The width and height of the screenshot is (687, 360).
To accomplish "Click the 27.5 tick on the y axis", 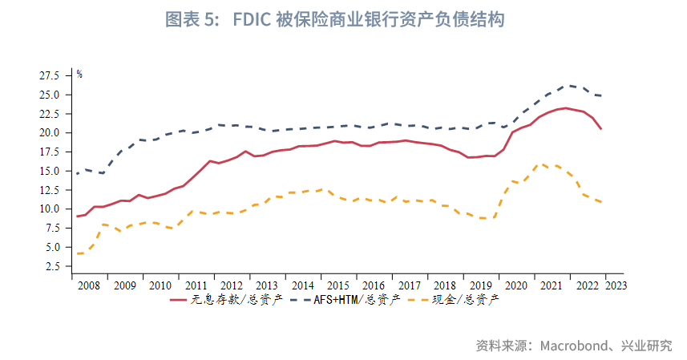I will [50, 75].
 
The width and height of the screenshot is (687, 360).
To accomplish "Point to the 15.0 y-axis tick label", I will [50, 171].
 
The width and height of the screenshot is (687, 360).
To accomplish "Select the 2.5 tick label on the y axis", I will [52, 266].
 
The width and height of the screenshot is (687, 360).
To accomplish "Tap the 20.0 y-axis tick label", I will [50, 132].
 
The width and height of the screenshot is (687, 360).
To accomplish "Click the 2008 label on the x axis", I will [88, 285].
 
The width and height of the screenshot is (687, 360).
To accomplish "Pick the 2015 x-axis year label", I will [338, 285].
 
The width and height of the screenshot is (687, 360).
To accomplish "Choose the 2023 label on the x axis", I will [616, 285].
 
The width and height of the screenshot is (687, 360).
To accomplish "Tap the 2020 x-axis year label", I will [517, 285].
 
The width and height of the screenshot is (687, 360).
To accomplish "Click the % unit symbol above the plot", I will [79, 74].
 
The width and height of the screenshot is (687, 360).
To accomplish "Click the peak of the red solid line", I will [565, 107].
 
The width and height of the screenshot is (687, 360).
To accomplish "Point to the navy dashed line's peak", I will [568, 85].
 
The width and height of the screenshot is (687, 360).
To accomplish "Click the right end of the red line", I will [601, 129].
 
